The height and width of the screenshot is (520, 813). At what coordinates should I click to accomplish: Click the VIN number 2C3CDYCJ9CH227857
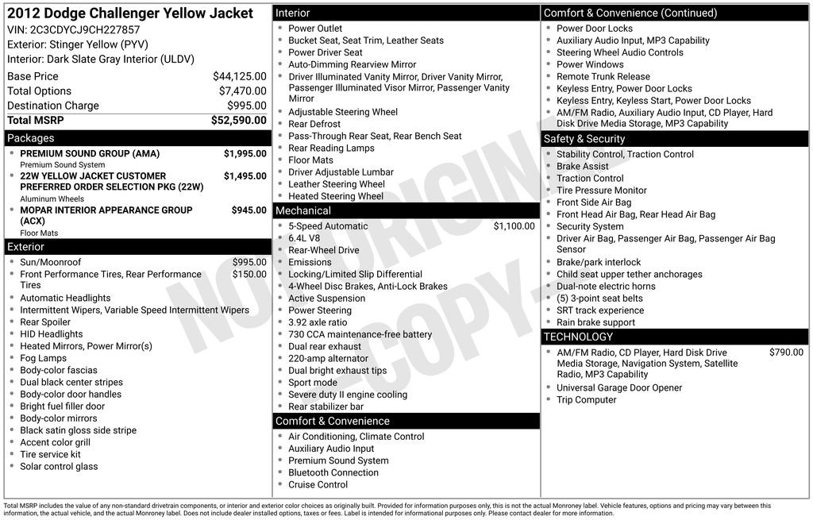click(x=85, y=29)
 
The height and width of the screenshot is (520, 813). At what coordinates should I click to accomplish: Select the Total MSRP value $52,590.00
click(x=238, y=120)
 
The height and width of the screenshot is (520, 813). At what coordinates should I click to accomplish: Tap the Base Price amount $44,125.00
click(x=239, y=76)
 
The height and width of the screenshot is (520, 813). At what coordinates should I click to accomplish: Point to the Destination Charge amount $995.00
click(x=246, y=106)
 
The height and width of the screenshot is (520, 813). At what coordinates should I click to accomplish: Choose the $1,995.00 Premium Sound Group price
click(x=245, y=153)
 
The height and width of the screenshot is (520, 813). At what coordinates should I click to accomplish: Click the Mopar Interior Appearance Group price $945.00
click(x=249, y=210)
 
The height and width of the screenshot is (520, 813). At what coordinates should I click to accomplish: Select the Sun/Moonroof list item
click(x=51, y=262)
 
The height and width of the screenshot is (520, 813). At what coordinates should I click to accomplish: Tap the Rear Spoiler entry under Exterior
click(x=45, y=322)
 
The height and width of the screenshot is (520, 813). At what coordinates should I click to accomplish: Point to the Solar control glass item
click(x=59, y=466)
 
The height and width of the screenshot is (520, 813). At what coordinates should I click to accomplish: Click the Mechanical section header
click(x=302, y=210)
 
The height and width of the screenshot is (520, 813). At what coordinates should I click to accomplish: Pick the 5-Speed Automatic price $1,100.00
click(x=514, y=226)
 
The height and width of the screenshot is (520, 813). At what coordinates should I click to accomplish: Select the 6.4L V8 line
click(x=304, y=238)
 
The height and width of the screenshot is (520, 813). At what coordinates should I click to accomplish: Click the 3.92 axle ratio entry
click(x=318, y=322)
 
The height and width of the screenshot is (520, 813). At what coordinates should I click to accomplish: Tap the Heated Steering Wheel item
click(x=335, y=196)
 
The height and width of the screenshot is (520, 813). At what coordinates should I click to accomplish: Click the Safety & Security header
click(x=584, y=139)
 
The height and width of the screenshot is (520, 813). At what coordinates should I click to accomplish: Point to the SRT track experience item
click(x=600, y=310)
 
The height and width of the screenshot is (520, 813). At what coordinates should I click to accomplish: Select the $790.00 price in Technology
click(x=786, y=352)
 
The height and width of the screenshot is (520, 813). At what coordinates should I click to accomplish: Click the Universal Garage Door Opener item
click(x=619, y=387)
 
